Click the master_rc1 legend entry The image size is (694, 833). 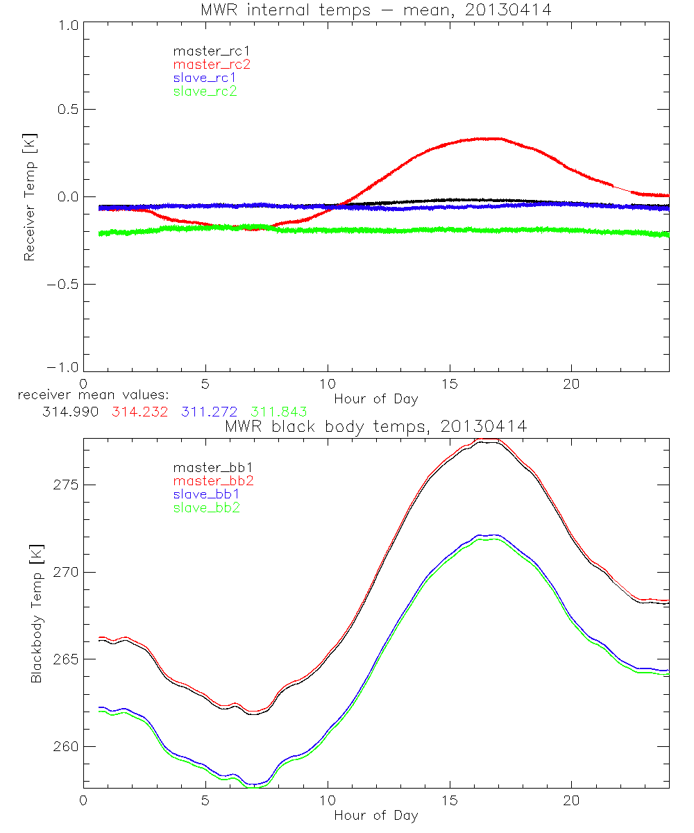pyautogui.click(x=205, y=51)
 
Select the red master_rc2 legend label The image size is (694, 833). pyautogui.click(x=212, y=64)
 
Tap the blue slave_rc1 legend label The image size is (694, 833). pyautogui.click(x=205, y=77)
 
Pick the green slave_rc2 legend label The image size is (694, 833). pyautogui.click(x=205, y=90)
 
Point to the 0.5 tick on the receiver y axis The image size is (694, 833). pyautogui.click(x=65, y=110)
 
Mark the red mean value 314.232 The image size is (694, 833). pyautogui.click(x=137, y=412)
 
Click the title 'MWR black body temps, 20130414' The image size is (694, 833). pyautogui.click(x=375, y=426)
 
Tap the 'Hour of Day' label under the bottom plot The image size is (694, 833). pyautogui.click(x=375, y=815)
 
